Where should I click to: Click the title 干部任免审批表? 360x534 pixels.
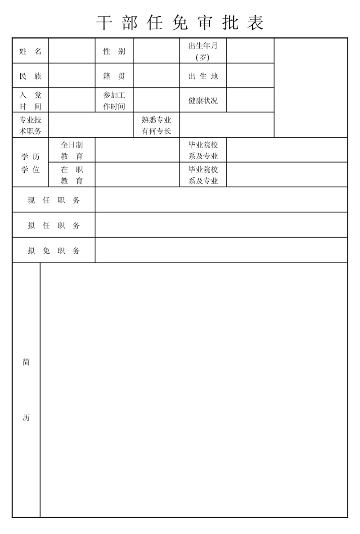[180, 22]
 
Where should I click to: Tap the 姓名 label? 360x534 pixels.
[30, 51]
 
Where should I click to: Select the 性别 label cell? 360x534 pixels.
[114, 51]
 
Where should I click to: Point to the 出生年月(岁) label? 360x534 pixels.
[203, 51]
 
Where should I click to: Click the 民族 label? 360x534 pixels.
[30, 76]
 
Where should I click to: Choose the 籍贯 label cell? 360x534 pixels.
[114, 76]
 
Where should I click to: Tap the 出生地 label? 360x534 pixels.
[203, 76]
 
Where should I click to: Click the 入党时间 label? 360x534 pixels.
[30, 100]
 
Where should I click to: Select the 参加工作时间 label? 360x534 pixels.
[114, 100]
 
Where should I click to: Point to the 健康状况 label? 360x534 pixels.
[203, 100]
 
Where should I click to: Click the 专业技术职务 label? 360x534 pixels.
[30, 125]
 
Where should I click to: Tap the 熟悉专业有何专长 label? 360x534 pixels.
[156, 125]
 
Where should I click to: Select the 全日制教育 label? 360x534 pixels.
[72, 150]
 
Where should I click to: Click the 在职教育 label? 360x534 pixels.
[72, 175]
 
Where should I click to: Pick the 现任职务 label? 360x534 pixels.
[54, 200]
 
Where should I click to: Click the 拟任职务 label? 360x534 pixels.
[54, 225]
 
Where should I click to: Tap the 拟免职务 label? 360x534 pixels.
[54, 251]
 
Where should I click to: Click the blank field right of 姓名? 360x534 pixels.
[72, 51]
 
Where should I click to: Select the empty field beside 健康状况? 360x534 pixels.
[250, 100]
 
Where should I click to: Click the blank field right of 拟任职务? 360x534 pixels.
[221, 225]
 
